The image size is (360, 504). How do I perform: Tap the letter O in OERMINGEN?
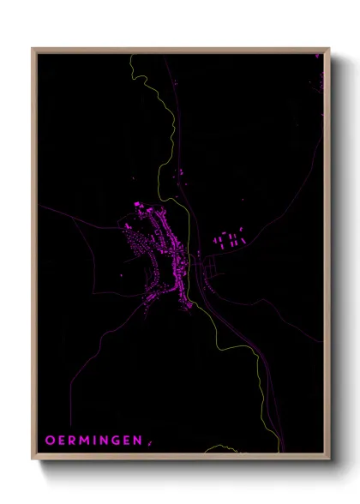tap(49, 440)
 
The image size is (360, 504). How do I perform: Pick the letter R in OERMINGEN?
tap(72, 440)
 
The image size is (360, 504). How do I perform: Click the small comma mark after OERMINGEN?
tap(148, 442)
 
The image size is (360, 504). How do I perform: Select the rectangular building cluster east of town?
tap(229, 239)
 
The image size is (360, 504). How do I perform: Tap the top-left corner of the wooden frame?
tap(33, 49)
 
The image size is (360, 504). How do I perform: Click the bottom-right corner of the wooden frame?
tap(330, 461)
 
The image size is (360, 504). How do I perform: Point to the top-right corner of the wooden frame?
tap(330, 49)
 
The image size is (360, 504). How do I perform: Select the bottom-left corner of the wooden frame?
tap(33, 461)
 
